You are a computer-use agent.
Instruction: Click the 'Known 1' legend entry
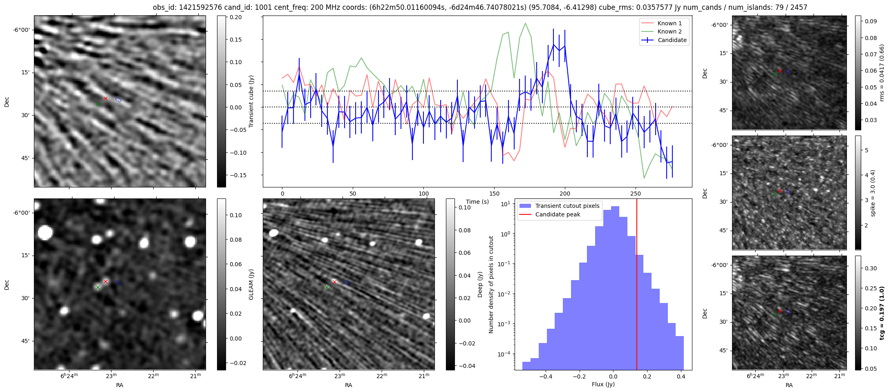tap(669, 23)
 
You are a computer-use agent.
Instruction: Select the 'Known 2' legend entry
tap(669, 31)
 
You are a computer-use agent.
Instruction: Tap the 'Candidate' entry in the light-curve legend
tap(672, 40)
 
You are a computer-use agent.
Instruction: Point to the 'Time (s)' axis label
tap(477, 202)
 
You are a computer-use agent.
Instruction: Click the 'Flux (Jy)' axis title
tap(603, 384)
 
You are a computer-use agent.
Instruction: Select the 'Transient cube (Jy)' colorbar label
tap(251, 101)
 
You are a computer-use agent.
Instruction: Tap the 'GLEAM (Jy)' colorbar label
tap(251, 284)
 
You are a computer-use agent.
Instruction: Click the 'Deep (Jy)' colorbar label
tap(480, 284)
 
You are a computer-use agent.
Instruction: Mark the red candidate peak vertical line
tap(637, 286)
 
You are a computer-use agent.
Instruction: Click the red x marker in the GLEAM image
tap(105, 281)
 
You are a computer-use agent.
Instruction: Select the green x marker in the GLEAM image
tap(98, 287)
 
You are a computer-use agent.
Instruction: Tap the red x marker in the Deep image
tap(334, 282)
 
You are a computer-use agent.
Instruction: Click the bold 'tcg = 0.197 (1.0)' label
tap(882, 313)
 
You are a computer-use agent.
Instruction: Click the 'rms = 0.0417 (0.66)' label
tap(882, 73)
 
